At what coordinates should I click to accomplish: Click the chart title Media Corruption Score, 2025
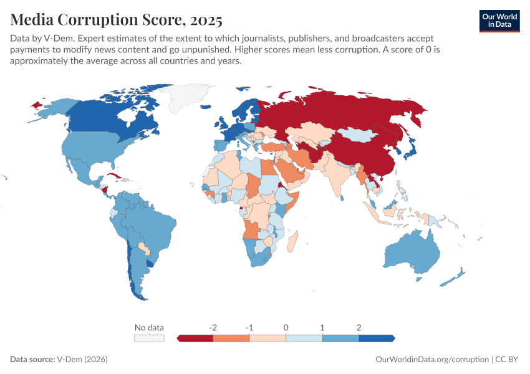coord(116,20)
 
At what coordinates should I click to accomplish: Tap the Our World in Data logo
coord(499,20)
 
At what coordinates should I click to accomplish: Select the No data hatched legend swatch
coord(150,338)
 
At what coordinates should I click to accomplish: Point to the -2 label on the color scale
coord(213,327)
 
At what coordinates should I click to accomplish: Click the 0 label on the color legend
coord(286,327)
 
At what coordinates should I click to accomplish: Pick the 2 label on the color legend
coord(359,327)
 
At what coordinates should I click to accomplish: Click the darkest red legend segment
coord(195,338)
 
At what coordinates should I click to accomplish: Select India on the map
coord(340,175)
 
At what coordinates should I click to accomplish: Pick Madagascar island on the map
coord(294,241)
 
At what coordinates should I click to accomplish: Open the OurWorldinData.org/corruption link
coord(432,360)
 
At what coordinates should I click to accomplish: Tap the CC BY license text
coord(508,360)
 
